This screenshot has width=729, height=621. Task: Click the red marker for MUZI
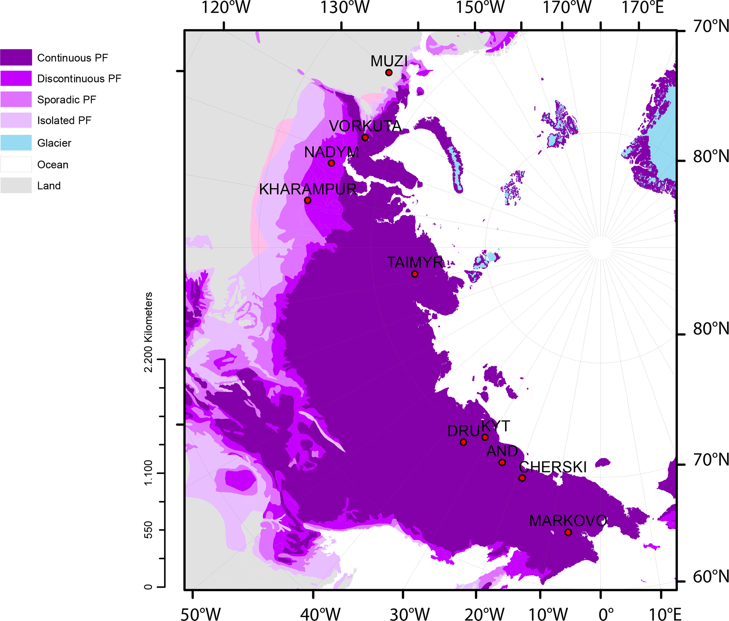[389, 73]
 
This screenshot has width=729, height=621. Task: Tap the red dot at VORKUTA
[365, 137]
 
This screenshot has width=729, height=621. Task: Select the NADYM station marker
[331, 163]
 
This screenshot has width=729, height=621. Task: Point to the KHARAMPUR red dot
[307, 200]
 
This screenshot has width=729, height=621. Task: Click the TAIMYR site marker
[415, 274]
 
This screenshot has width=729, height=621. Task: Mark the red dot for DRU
[463, 442]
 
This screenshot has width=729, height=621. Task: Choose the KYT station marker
[485, 437]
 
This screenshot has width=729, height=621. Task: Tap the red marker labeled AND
[503, 462]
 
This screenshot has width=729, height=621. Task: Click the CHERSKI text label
[553, 467]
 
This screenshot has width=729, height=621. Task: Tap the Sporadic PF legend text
[66, 100]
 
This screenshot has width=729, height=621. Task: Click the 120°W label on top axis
[226, 7]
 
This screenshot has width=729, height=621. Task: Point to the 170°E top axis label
[642, 7]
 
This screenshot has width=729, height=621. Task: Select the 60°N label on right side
[710, 577]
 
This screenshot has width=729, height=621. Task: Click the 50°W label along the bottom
[200, 614]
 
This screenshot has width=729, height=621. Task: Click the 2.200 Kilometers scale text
[149, 332]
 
